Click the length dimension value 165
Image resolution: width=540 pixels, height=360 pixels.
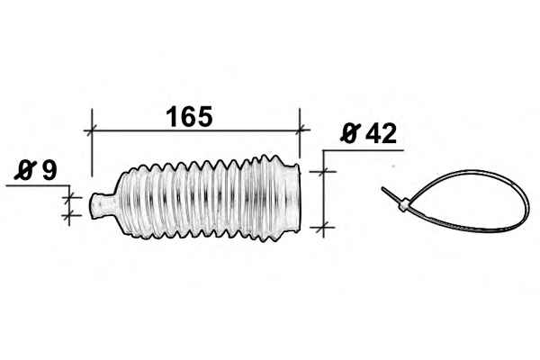point(189,116)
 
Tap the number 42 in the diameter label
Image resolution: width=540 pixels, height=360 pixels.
point(381,134)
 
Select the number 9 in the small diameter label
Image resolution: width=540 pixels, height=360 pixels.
point(49,169)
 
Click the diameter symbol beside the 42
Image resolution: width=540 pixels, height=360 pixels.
point(350,133)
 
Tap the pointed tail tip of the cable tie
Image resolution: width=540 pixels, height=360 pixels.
point(382,188)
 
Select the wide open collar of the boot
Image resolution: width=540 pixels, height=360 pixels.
point(292,197)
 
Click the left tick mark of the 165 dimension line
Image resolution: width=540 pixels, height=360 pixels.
point(92,130)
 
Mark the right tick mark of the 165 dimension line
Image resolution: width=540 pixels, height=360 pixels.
point(300,130)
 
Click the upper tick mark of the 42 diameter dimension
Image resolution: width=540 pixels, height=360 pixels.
point(323,171)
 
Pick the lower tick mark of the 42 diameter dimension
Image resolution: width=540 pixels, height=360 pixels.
point(323,228)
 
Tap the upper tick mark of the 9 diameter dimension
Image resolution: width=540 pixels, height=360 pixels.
point(69,197)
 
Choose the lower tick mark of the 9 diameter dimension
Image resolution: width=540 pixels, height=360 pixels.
point(69,216)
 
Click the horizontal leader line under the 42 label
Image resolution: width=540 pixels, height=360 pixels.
point(363,150)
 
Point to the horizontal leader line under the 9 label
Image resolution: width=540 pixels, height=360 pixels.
point(38,186)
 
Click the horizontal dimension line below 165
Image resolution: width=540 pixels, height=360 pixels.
point(195,130)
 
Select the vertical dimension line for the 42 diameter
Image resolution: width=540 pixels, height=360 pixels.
point(323,193)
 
